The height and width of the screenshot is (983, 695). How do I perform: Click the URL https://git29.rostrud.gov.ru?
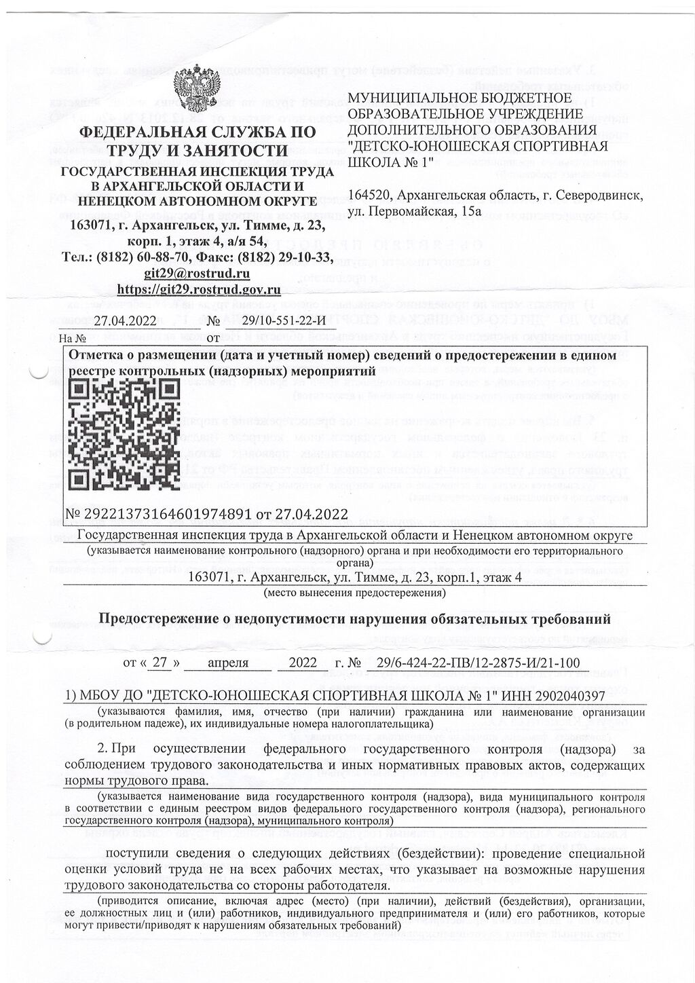pos(199,289)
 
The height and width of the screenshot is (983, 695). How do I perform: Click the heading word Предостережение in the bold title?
pos(160,618)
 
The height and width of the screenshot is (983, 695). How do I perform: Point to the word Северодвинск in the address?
pos(601,196)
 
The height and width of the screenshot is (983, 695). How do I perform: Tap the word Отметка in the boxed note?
pos(96,355)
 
